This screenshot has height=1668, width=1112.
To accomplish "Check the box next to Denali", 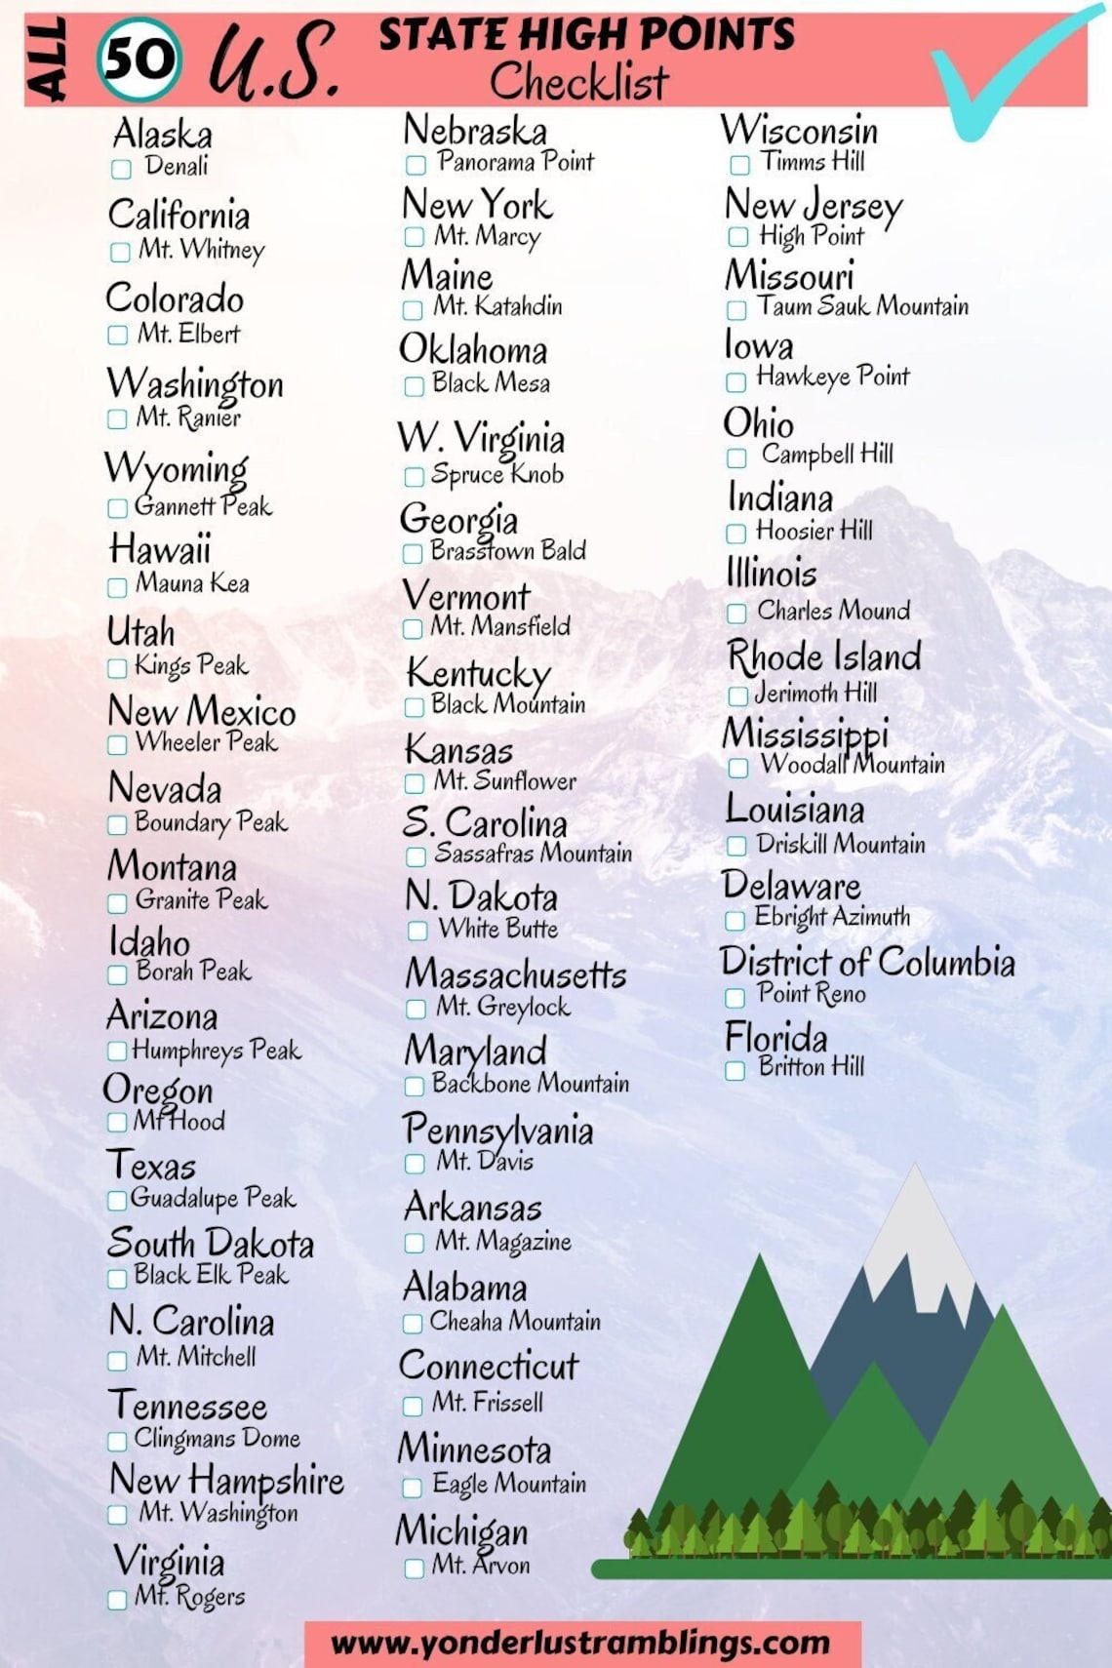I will (121, 169).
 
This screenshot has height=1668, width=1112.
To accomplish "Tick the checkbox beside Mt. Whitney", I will (120, 252).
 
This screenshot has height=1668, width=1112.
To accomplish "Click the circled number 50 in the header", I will (139, 60).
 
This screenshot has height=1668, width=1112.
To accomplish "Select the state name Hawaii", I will (160, 549).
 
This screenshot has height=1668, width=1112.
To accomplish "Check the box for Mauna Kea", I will (117, 587).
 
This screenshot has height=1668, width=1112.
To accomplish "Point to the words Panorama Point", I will (515, 162).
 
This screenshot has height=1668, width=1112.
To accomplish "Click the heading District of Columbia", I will (867, 962).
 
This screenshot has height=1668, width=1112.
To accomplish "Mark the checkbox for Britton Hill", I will (735, 1070).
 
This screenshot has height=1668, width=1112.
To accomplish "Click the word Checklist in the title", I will (578, 81).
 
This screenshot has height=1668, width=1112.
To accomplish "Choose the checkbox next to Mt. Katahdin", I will (413, 310).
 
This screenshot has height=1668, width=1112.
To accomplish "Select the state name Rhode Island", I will (824, 656).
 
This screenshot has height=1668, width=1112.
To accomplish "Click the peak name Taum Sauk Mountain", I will (863, 306).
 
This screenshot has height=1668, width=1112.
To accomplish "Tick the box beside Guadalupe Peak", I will (116, 1200).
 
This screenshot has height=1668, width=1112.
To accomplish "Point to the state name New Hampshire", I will (226, 1481).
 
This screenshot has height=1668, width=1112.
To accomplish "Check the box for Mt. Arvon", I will (414, 1569).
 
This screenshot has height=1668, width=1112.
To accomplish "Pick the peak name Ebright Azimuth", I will (832, 917).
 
